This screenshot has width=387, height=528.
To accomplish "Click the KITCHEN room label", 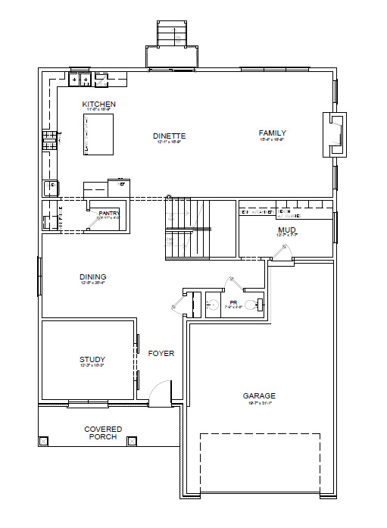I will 98,104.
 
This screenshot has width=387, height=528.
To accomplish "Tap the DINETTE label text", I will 170,136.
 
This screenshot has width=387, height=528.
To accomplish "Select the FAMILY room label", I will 273,133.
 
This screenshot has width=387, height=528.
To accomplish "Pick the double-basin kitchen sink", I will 80,79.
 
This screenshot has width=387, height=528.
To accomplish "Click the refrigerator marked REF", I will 51,188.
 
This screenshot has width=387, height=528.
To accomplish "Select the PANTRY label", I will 109,214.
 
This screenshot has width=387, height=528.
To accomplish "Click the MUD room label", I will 286,230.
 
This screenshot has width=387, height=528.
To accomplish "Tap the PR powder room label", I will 233,302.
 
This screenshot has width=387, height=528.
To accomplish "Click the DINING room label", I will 92,277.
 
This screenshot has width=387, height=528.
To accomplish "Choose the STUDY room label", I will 92,360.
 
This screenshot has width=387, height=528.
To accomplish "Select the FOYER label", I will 161,354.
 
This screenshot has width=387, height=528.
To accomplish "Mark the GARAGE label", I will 259,395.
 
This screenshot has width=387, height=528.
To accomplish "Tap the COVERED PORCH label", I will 103,433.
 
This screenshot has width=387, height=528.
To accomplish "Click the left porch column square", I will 44,441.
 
